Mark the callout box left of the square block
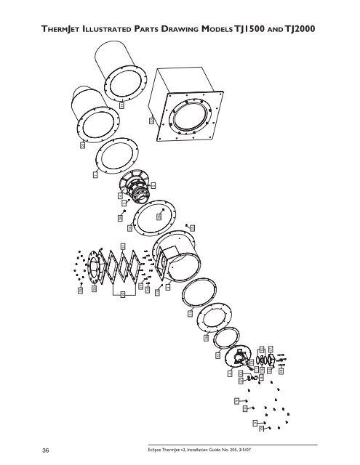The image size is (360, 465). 151,121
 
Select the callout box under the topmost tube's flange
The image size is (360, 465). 121,105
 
